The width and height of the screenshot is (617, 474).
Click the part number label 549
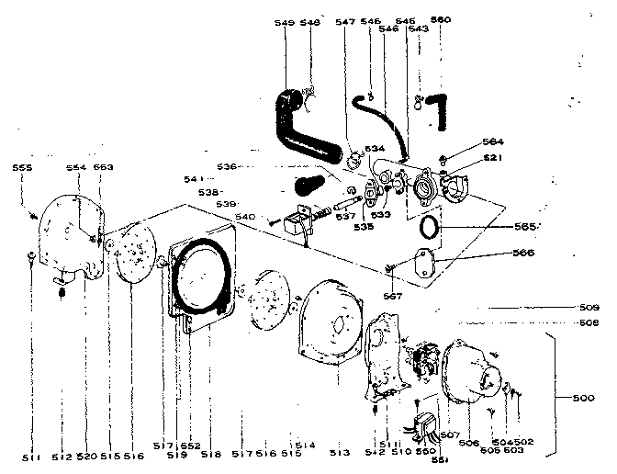click(x=289, y=23)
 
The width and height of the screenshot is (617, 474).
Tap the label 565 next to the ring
click(x=525, y=226)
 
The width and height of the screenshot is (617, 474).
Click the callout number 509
click(x=589, y=307)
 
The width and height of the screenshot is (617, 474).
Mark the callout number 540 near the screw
click(x=244, y=217)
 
